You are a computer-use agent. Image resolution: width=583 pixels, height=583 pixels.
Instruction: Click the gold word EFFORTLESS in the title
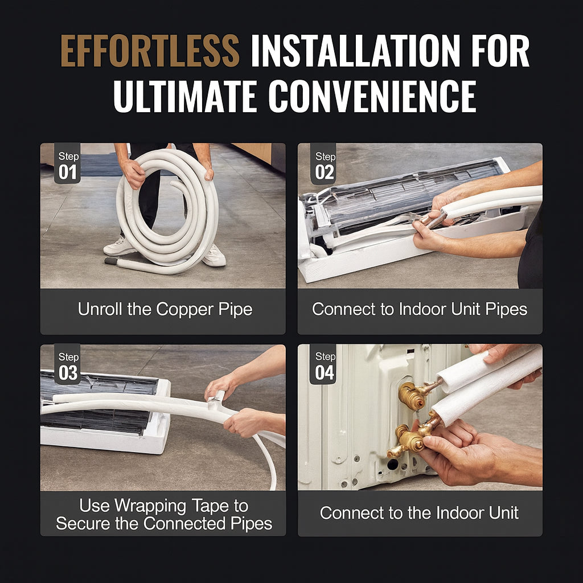[150, 51]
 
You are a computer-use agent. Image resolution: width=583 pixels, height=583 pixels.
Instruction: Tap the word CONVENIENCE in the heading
[372, 96]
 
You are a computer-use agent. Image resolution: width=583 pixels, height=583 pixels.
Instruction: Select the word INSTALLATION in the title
[355, 51]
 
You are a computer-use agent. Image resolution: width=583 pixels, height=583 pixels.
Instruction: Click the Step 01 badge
[67, 163]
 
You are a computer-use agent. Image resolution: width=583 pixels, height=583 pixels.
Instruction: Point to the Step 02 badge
[324, 163]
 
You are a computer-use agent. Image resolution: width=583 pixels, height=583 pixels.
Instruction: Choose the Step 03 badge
[67, 364]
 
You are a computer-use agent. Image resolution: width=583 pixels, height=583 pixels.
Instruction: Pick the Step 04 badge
[323, 364]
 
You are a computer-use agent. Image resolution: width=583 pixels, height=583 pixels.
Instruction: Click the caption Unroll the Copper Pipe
[165, 310]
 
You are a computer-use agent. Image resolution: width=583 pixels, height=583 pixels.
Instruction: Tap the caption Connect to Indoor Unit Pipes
[420, 309]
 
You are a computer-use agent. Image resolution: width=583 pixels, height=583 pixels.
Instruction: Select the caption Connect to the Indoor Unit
[419, 513]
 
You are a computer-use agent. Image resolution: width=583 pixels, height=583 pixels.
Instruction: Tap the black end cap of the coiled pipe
[110, 261]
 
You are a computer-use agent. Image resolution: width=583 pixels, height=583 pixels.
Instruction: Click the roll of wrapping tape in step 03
[217, 399]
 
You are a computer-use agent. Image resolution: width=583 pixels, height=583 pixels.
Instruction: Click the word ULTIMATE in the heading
[185, 96]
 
